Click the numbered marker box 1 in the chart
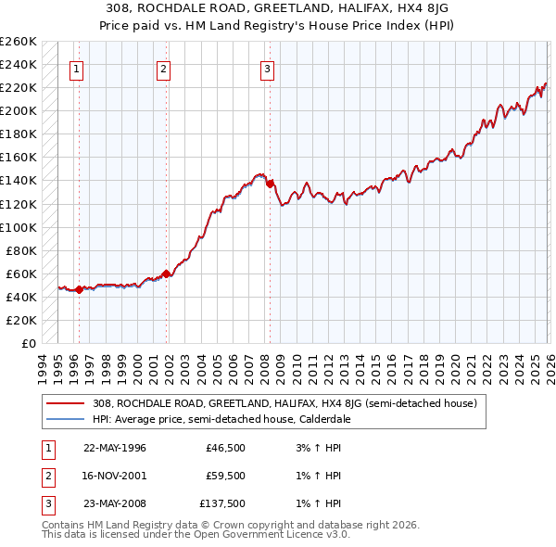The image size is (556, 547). [75, 68]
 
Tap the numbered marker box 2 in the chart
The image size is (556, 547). [163, 68]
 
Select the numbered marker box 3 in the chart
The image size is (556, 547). [267, 68]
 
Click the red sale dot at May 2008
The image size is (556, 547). [270, 184]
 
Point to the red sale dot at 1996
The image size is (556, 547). [79, 289]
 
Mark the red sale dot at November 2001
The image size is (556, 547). [167, 273]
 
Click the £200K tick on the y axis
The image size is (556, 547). [19, 110]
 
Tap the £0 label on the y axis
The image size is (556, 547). [28, 343]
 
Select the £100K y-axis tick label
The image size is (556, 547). [19, 227]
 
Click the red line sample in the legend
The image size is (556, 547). [65, 403]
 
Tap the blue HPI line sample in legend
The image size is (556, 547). [65, 419]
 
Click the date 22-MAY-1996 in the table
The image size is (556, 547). [115, 448]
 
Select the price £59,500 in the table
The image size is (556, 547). [225, 477]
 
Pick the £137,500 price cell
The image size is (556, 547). [222, 505]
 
